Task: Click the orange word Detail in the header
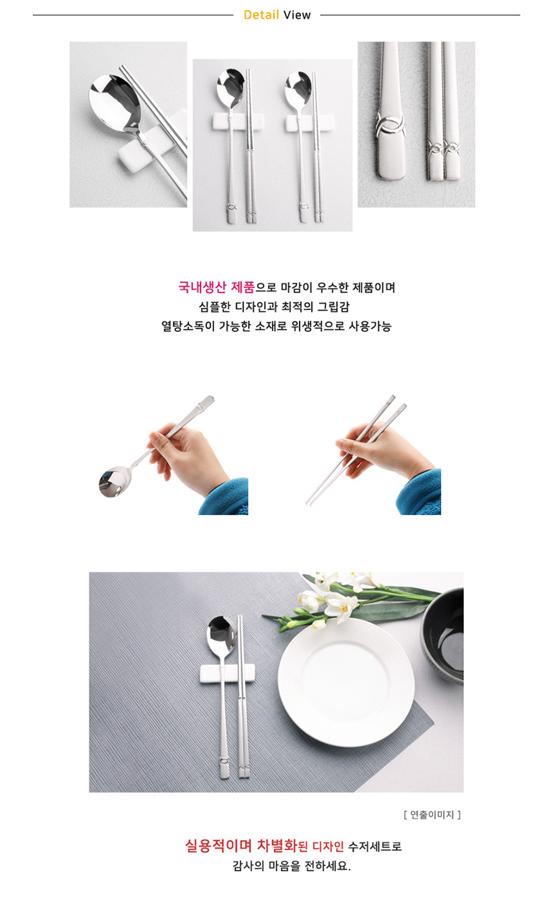(x=261, y=15)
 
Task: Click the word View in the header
(x=297, y=15)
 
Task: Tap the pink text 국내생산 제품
(x=216, y=287)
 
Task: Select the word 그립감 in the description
(x=333, y=307)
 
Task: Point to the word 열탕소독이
(x=188, y=326)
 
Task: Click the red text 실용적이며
(x=218, y=846)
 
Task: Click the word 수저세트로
(x=375, y=846)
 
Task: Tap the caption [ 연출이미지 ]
(x=432, y=814)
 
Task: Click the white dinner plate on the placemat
(x=346, y=682)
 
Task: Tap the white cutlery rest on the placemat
(x=227, y=674)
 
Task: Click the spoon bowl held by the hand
(x=115, y=482)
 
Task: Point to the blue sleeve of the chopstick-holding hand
(x=420, y=493)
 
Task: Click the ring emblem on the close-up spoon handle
(x=390, y=126)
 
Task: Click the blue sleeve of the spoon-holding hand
(x=224, y=497)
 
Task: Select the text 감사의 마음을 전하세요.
(x=292, y=866)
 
